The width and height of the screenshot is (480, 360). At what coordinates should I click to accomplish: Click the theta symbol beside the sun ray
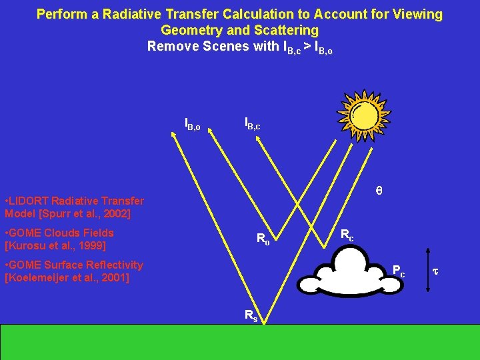[379, 191]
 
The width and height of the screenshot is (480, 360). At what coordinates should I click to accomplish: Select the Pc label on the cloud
[398, 271]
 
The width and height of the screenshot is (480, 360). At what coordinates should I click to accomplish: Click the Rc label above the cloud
[347, 235]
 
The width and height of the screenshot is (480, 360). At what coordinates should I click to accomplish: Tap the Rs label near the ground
[250, 316]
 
